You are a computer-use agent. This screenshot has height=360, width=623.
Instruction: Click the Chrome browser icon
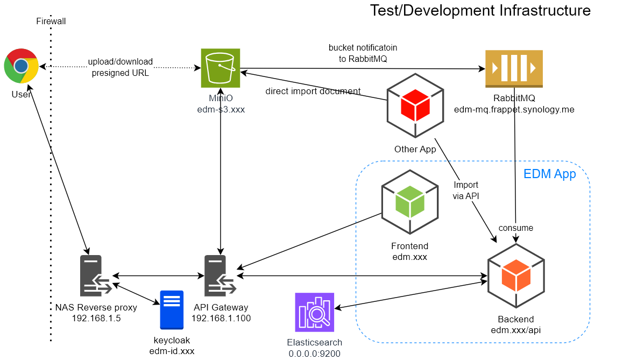[x=21, y=66]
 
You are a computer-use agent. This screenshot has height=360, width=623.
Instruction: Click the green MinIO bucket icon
[x=221, y=68]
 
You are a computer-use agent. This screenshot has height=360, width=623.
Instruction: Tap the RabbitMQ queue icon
[x=514, y=68]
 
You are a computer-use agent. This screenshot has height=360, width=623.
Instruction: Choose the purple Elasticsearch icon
[x=315, y=312]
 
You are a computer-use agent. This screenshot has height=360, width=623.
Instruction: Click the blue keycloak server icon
[x=172, y=309]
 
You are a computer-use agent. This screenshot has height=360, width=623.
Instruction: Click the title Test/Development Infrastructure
[x=480, y=10]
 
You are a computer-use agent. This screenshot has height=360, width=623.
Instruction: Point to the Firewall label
[x=51, y=22]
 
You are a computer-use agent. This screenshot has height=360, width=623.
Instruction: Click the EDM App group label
[x=549, y=174]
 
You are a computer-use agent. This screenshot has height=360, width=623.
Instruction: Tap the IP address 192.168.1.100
[x=221, y=318]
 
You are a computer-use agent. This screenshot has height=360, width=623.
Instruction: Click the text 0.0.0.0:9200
[x=314, y=353]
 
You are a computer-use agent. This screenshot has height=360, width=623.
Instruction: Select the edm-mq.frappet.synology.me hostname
[x=514, y=109]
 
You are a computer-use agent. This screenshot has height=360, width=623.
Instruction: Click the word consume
[x=515, y=228]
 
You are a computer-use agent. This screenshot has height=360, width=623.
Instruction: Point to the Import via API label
[x=466, y=191]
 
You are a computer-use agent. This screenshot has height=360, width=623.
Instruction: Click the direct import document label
[x=313, y=91]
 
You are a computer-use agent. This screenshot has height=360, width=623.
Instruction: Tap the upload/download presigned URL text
[x=121, y=67]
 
